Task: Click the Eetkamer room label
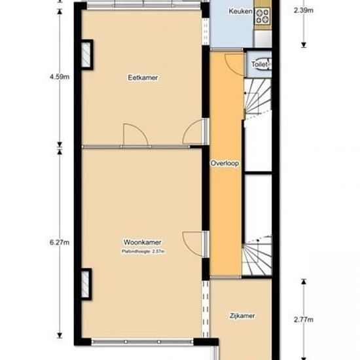click(x=143, y=78)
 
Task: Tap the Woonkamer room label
click(x=142, y=242)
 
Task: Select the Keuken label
click(x=240, y=11)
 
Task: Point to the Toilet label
click(x=260, y=64)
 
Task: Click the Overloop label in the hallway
click(x=225, y=163)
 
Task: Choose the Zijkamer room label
click(x=242, y=316)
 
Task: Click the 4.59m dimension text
click(x=60, y=77)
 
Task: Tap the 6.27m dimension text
click(x=60, y=242)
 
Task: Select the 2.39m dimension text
click(x=304, y=10)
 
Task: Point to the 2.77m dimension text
click(x=304, y=319)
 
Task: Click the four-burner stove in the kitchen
click(x=262, y=16)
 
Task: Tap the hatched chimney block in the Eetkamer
click(x=86, y=54)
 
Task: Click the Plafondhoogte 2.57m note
click(x=143, y=251)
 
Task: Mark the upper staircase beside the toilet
click(x=258, y=98)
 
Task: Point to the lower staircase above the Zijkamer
click(x=257, y=256)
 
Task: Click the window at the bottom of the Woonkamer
click(x=143, y=342)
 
